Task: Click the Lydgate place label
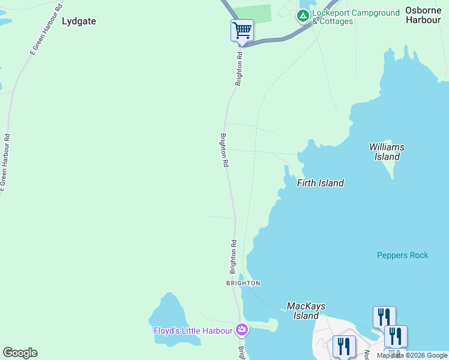[x=79, y=21]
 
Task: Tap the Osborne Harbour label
[x=423, y=15]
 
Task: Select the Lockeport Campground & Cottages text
[x=355, y=17]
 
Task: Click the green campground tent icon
[x=303, y=14]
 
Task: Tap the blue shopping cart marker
[x=242, y=30]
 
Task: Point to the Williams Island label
[x=387, y=152]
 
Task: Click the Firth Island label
[x=321, y=183]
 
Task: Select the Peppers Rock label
[x=402, y=255]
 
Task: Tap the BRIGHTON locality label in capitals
[x=243, y=283]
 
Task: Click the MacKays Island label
[x=306, y=311]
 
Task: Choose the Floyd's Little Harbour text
[x=193, y=330]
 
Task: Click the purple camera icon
[x=241, y=329]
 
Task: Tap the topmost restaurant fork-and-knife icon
[x=384, y=316]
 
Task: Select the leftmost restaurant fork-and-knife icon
[x=344, y=346]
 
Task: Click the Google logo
[x=20, y=353]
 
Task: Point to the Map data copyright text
[x=412, y=355]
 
